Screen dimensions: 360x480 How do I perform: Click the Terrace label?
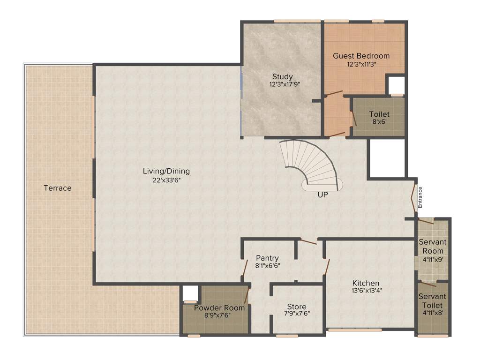58,188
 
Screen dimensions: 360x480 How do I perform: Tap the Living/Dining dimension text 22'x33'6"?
166,180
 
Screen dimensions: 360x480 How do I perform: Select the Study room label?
283,76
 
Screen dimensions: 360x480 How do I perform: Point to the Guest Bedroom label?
361,55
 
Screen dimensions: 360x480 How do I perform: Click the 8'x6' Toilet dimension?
379,122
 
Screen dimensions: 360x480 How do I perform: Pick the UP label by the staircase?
322,195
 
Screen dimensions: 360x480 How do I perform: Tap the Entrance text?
420,197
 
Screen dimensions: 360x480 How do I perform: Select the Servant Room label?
432,246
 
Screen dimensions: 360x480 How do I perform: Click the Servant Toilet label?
432,301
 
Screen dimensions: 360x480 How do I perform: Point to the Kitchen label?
366,283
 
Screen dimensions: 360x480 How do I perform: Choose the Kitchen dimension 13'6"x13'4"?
366,291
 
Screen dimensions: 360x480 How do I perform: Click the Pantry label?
267,258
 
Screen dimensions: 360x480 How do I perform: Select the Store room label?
297,307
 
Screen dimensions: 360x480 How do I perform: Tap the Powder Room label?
219,307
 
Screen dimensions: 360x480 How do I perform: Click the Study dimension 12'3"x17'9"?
284,85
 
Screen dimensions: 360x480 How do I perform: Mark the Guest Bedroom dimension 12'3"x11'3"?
361,64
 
